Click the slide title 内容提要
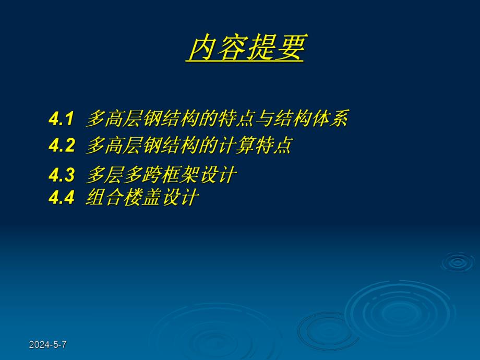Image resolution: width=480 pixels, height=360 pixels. pos(245,48)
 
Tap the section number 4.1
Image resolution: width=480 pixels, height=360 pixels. pos(62,119)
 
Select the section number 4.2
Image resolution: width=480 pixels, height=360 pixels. pos(62,146)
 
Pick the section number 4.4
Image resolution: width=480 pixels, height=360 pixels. pos(62,198)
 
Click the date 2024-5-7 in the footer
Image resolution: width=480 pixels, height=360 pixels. pos(47,344)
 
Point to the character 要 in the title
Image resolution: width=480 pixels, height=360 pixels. pos(290,48)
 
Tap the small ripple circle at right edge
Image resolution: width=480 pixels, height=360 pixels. pos(458,262)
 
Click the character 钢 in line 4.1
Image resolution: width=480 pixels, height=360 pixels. pos(159,119)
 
